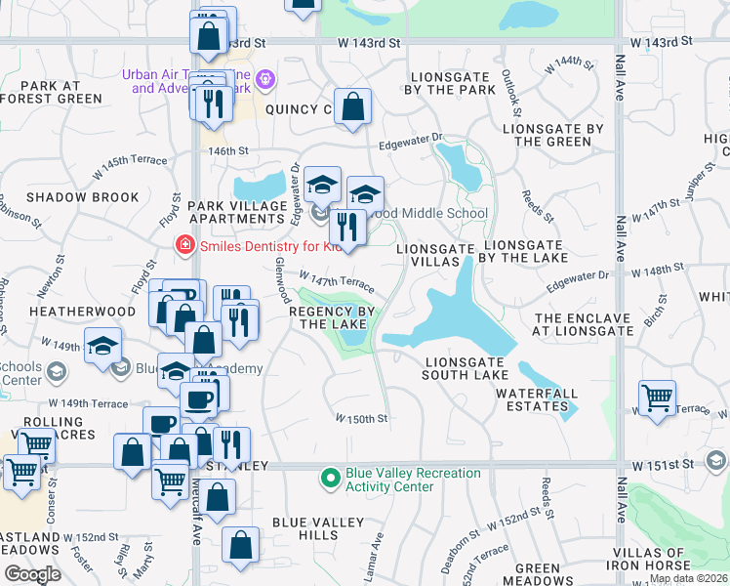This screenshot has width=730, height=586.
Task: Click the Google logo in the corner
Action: (31, 574)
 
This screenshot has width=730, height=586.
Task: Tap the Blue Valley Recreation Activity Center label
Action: (413, 480)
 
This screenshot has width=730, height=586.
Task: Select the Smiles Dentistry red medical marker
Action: (182, 246)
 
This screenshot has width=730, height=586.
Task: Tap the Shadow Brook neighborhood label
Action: (69, 197)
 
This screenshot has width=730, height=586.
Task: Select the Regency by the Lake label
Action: (333, 317)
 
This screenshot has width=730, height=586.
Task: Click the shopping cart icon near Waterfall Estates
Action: (657, 398)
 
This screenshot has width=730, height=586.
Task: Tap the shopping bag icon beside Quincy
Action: (352, 107)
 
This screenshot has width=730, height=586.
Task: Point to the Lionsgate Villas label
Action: (435, 256)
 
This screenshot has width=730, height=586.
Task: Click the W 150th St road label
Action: (362, 419)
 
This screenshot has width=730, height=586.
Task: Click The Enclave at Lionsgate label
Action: (585, 325)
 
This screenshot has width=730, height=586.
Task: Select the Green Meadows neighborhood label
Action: (538, 574)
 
